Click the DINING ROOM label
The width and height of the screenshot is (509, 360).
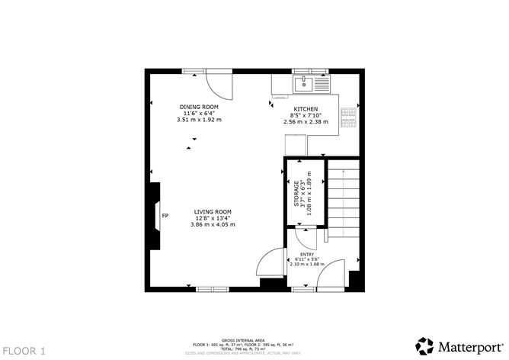click(199, 106)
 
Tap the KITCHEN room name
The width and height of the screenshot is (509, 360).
click(305, 108)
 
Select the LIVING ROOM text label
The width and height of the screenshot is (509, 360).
click(212, 211)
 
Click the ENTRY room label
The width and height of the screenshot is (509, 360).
click(306, 255)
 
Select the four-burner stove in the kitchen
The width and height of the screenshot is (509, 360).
click(350, 114)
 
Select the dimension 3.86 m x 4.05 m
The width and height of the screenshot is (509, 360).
click(212, 225)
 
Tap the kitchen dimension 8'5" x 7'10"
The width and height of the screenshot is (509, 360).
click(305, 115)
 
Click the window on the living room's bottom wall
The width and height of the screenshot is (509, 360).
click(207, 289)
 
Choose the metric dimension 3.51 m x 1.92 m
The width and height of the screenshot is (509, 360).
click(199, 120)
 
